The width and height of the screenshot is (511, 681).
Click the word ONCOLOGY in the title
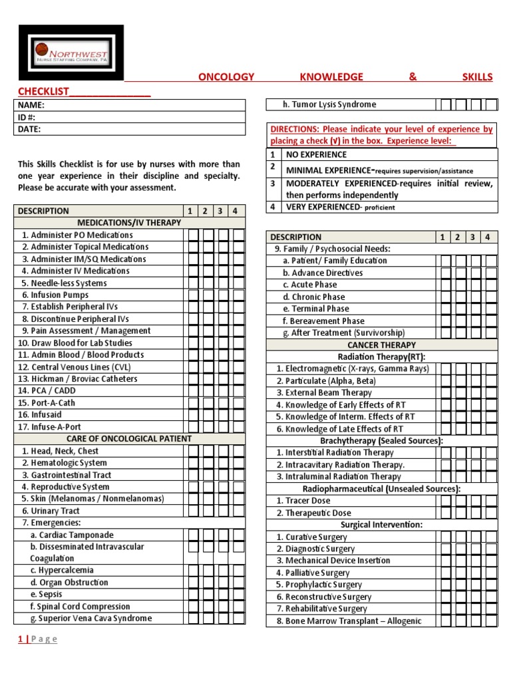tap(226, 77)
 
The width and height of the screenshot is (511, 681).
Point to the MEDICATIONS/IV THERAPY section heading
tap(129, 223)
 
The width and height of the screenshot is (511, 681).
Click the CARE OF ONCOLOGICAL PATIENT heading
tap(129, 439)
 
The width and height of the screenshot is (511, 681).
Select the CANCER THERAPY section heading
tap(381, 345)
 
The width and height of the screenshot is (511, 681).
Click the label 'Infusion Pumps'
tap(55, 295)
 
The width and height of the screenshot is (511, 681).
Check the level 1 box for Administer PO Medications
tap(193, 235)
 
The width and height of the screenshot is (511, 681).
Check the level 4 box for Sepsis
tap(238, 595)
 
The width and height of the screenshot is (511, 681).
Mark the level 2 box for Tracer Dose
tap(461, 501)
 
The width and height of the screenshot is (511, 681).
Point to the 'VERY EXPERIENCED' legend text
tap(319, 207)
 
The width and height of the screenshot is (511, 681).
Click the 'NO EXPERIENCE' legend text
tap(316, 154)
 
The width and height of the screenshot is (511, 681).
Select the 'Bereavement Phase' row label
tap(323, 321)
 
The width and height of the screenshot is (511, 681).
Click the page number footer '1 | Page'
tap(37, 640)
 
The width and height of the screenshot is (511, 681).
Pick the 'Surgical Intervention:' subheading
tap(381, 525)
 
